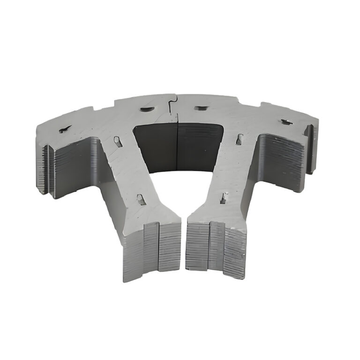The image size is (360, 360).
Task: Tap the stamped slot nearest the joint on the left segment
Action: (147, 109)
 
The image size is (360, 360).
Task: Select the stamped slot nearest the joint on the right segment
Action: (201, 108)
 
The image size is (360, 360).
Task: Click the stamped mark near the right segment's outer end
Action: (286, 122)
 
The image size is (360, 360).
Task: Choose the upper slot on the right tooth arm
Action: (240, 139)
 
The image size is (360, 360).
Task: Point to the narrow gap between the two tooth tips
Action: (183, 244)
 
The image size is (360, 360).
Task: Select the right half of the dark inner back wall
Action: (199, 145)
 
